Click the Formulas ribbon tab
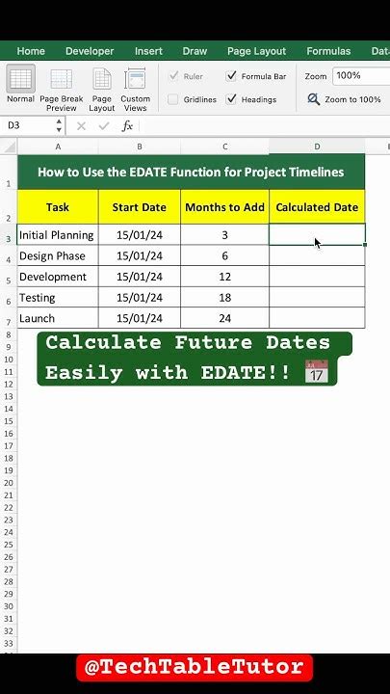point(328,51)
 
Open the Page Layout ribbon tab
point(256,51)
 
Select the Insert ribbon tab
point(148,51)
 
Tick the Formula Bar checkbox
point(232,76)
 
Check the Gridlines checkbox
point(173,99)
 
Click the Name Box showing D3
point(29,125)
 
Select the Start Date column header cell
point(139,207)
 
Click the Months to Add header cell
point(224,207)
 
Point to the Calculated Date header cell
point(317,207)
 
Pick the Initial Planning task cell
point(57,235)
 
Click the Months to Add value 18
point(224,298)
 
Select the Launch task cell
point(57,318)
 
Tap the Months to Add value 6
point(224,256)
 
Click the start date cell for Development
point(139,277)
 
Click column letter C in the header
point(224,147)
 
